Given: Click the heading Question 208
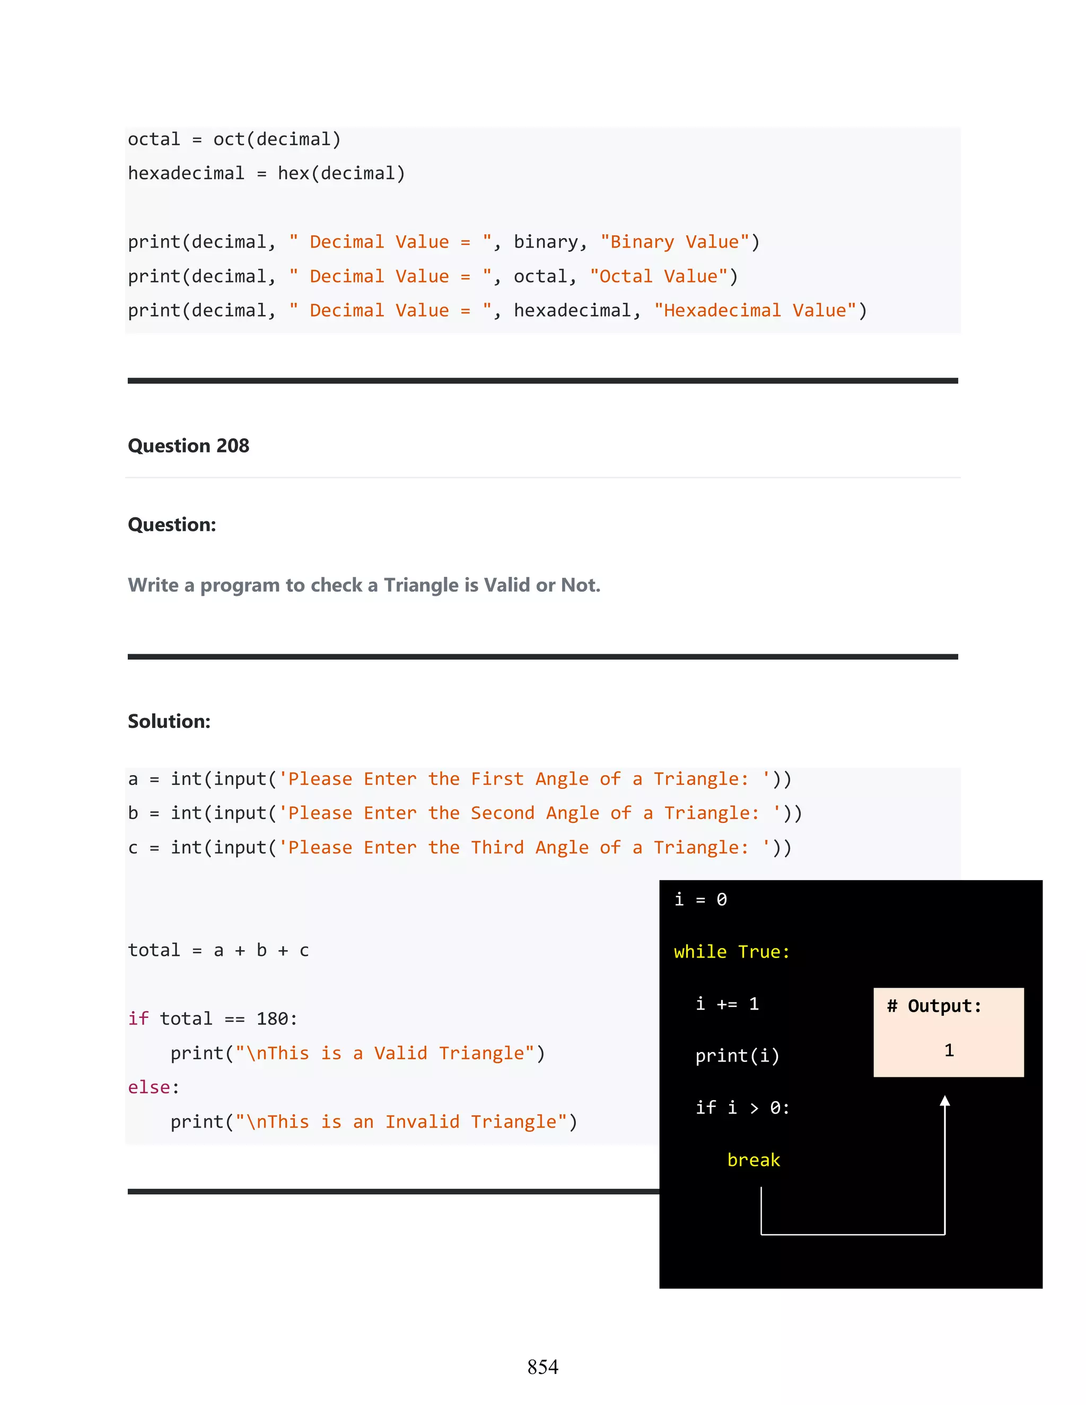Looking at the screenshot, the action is [188, 446].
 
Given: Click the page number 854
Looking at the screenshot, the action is [542, 1366].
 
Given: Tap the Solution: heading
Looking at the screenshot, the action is [169, 721].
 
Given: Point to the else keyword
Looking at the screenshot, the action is [149, 1087].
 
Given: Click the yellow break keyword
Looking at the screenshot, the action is [754, 1160].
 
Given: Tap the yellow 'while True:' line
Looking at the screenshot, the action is [731, 952].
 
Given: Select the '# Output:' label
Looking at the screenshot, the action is [934, 1005].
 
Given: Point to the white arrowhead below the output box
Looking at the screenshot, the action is [944, 1101].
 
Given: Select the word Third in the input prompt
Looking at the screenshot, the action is [497, 847].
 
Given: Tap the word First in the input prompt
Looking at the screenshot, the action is [497, 779].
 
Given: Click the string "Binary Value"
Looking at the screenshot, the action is [675, 242].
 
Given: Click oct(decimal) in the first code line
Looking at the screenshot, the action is [277, 139].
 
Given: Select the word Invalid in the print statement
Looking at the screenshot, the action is [422, 1122].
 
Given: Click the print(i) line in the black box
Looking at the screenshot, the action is [737, 1056].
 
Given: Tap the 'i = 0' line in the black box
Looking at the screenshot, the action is [700, 899].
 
